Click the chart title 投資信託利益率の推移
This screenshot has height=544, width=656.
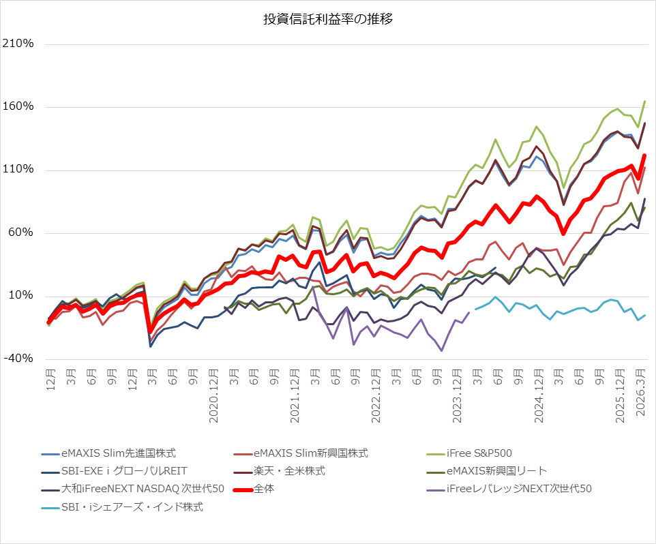pos(328,19)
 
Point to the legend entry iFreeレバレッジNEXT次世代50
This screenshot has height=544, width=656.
pos(519,489)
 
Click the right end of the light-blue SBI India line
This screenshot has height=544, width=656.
pos(644,315)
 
